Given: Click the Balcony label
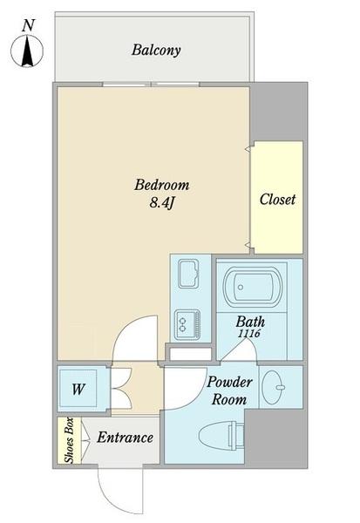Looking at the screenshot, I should [x=156, y=50].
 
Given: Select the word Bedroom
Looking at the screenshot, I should [x=161, y=186].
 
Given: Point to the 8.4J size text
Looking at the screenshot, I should [x=161, y=204].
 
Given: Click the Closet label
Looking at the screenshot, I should [x=277, y=200].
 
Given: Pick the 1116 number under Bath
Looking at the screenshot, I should [x=248, y=334].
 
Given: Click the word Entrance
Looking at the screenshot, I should [x=125, y=438].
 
